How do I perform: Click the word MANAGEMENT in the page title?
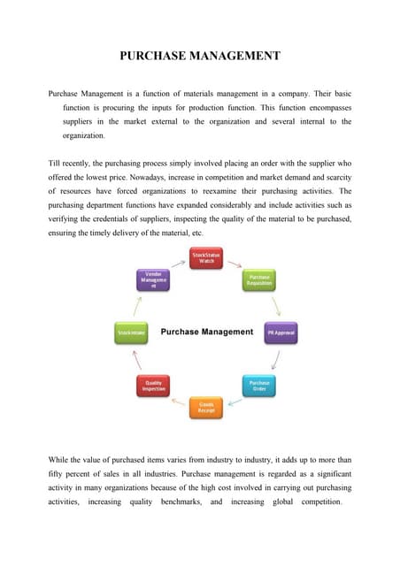(232, 56)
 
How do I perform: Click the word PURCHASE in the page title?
(150, 56)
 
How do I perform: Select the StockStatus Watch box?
(206, 258)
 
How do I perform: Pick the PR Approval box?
(281, 333)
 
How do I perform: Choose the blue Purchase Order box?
(259, 386)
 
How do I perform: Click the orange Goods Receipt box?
(206, 407)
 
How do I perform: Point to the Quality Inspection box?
(152, 386)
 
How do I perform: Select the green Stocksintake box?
(131, 333)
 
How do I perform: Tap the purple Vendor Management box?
(152, 280)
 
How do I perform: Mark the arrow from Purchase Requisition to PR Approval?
(277, 305)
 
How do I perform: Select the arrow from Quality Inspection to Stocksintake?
(137, 360)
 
